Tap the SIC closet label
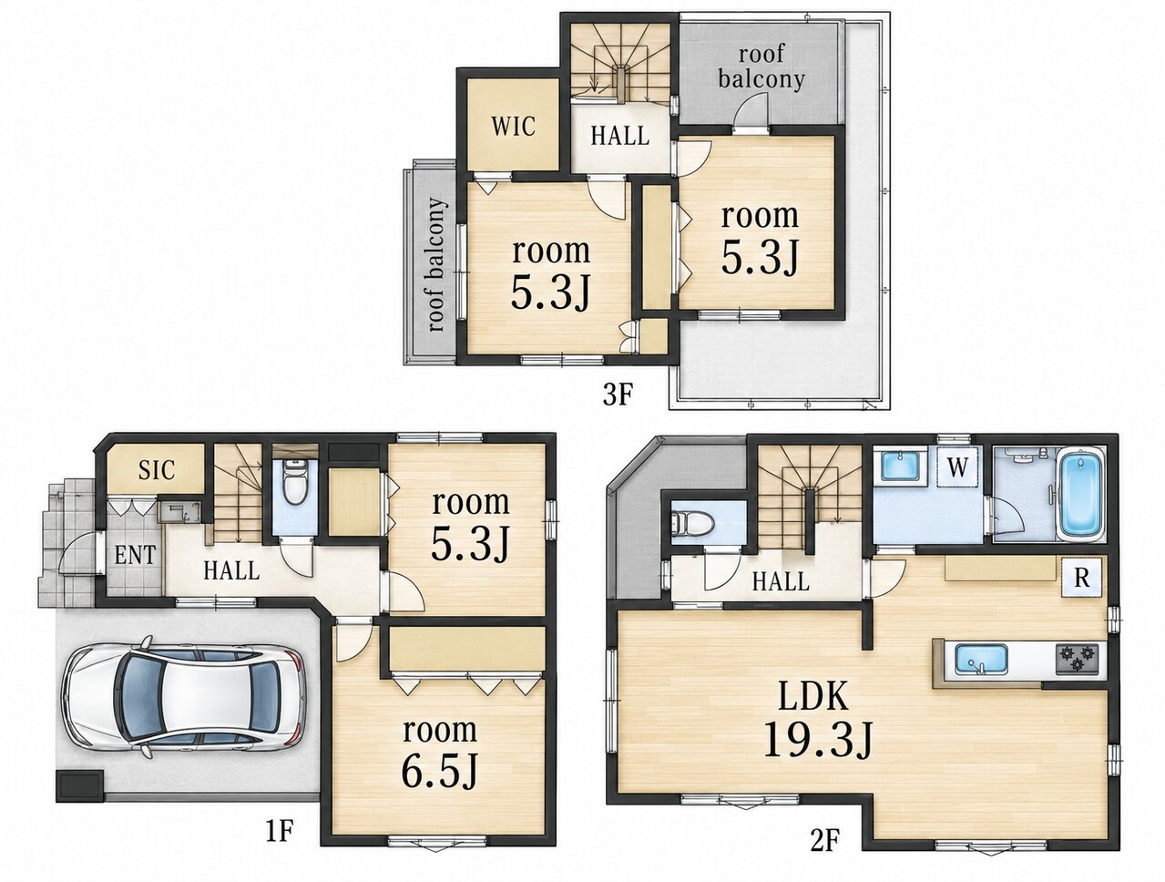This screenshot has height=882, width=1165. pos(156,469)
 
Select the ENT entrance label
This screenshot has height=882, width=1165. pos(135,555)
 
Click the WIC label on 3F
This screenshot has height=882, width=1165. pos(513,127)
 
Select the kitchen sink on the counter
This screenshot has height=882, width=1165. pos(982,660)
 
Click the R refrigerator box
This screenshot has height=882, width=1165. pos(1081,578)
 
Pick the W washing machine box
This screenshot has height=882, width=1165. pos(957,467)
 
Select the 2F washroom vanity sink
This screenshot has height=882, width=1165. pos(901,466)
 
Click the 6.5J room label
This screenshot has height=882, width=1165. pos(440,753)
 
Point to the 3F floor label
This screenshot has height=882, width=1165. pos(618,395)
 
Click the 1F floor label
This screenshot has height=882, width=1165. pos(279,831)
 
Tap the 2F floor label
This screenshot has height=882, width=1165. pos(826,855)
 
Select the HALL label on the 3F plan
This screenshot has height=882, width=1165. pos(620,136)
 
